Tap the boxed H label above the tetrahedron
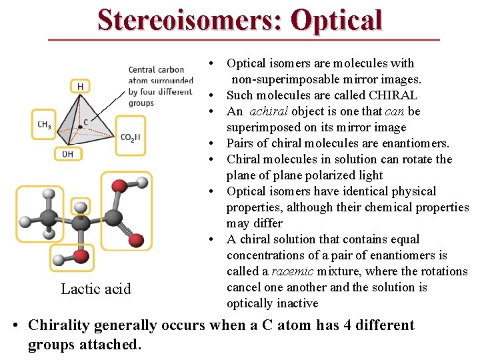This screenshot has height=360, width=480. (80, 87)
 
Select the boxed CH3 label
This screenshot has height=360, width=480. (44, 125)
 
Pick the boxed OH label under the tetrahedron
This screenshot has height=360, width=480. (67, 153)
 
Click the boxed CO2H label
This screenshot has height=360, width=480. (130, 137)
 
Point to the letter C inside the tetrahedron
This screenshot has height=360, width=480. (85, 122)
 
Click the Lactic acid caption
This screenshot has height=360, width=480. (96, 289)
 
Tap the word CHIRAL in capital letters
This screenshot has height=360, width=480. (389, 95)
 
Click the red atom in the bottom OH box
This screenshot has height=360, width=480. (81, 255)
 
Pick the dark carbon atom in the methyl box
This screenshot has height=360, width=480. (48, 217)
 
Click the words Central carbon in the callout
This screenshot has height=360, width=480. (156, 69)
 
